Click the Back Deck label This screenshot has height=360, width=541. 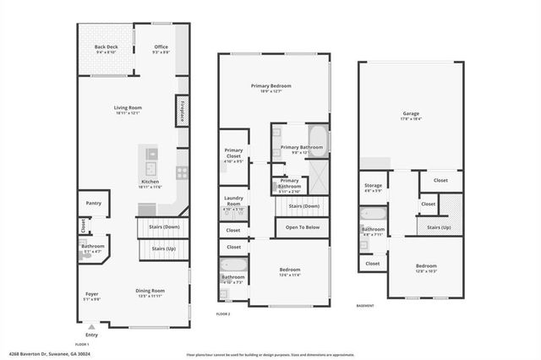pos(106,46)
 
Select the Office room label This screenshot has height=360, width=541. pos(161,46)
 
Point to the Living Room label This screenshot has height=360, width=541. pos(128,107)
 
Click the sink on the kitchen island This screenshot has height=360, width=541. pos(150,154)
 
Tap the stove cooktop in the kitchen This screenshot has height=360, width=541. pos(181,172)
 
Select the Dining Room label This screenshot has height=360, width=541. pos(150,292)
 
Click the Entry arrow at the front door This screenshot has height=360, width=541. pos(91,325)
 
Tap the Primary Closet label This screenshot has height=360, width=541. pos(233,152)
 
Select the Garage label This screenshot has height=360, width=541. pos(411,113)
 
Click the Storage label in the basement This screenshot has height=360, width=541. pos(373,185)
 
